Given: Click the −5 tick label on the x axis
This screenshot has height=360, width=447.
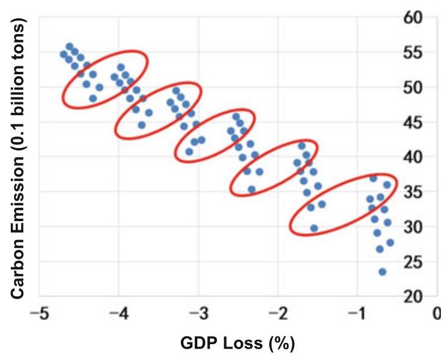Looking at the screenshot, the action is tap(40, 314).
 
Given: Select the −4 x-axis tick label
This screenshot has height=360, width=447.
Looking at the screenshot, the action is tap(119, 314).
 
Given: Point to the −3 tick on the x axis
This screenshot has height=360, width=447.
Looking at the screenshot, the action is tap(199, 314).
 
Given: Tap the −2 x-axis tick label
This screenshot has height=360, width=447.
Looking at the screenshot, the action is tap(278, 314).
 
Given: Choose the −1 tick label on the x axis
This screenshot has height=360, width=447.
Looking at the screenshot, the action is tap(357, 314).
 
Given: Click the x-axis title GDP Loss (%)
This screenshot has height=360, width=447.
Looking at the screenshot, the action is tap(238, 344).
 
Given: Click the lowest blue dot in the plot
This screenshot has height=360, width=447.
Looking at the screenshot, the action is tap(382, 272).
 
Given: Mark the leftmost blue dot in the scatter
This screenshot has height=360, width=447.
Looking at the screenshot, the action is tap(63, 54).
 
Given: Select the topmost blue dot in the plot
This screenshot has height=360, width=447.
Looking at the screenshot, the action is tap(70, 46).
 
